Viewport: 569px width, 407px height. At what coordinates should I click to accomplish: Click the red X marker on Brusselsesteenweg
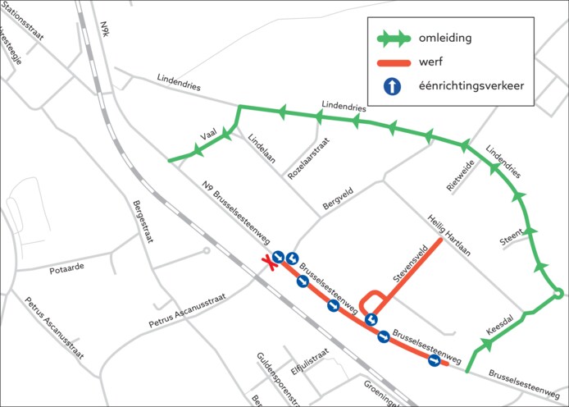point(267,263)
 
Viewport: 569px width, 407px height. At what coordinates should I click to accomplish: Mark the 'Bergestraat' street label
point(143,222)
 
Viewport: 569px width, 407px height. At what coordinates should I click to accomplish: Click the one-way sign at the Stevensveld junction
point(371,319)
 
